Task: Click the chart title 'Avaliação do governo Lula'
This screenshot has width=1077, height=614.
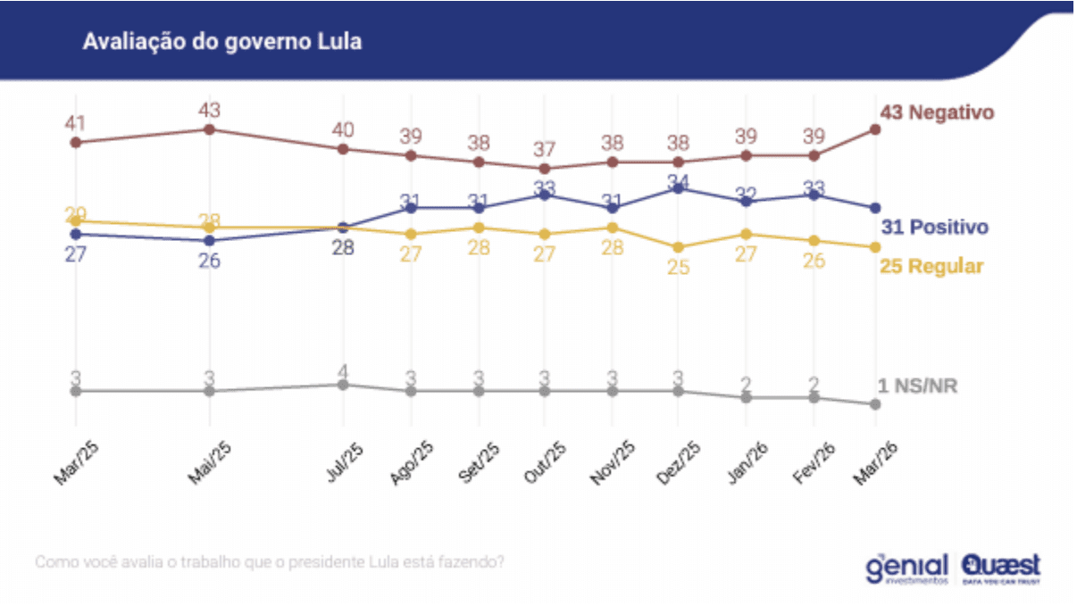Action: pos(222,42)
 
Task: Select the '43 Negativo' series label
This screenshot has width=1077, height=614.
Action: pos(937,112)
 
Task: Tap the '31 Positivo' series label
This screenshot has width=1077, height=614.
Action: pos(935,228)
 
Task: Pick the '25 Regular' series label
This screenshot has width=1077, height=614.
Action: pos(931,267)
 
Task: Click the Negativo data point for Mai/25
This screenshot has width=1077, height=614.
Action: pos(209,129)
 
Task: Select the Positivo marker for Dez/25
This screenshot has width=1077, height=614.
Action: pos(679,188)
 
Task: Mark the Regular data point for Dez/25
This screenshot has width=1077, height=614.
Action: pos(679,247)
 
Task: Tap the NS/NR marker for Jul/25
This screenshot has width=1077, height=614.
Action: pos(343,385)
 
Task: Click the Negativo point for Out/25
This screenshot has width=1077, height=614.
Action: pos(545,168)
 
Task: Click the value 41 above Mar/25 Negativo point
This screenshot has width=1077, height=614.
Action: pos(75,123)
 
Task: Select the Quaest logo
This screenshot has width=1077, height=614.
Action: pos(1001,568)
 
